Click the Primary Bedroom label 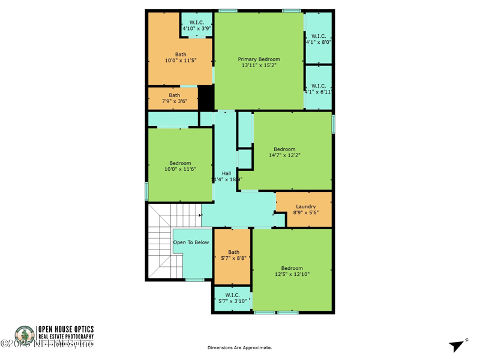coord(259,59)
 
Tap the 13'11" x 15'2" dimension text coord(259,65)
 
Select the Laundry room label coord(305,206)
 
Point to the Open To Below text coord(191,242)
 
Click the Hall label coord(226,173)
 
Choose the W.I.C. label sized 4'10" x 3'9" coord(197,22)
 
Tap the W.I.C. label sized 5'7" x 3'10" coord(232,295)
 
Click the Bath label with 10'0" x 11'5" coord(181,55)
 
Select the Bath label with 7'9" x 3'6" coord(174,95)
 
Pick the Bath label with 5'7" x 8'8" coord(233,252)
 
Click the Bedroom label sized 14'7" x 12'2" coord(284,149)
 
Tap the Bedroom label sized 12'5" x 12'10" coord(292,268)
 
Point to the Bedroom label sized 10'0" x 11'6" coord(180,163)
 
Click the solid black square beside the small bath coord(206,98)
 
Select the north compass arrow coord(457,346)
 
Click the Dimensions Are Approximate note coord(239,348)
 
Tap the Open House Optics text coord(66,329)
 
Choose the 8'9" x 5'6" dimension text coord(305,212)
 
